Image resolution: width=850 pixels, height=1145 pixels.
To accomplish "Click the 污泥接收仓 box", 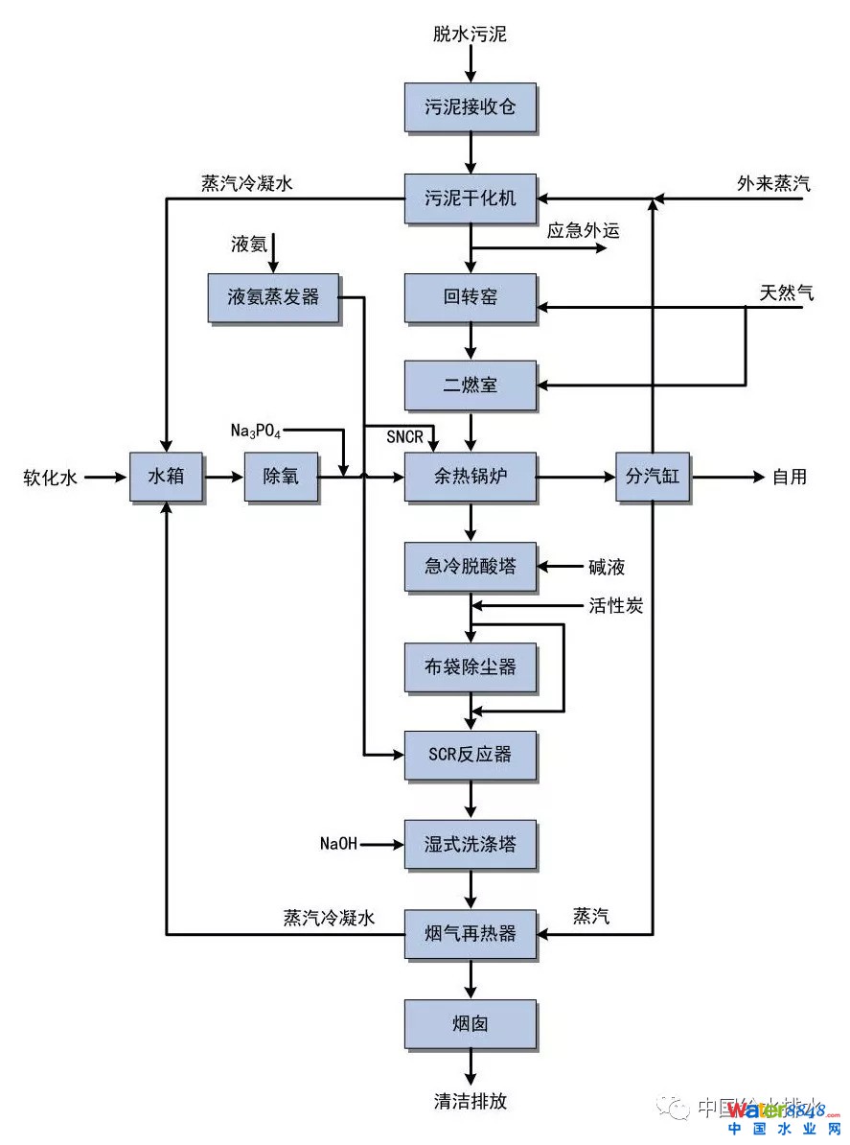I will point(470,106).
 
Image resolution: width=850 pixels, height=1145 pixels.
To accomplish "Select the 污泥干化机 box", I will point(470,199).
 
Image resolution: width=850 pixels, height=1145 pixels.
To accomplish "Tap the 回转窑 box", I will point(470,297).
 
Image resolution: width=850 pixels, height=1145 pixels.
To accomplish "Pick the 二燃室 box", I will point(470,386).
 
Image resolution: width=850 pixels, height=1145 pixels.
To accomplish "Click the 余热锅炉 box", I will point(470,476).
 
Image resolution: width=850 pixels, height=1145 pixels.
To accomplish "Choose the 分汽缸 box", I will point(653,476).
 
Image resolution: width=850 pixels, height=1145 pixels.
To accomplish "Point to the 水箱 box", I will point(167,476).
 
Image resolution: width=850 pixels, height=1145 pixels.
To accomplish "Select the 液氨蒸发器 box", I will point(273,297).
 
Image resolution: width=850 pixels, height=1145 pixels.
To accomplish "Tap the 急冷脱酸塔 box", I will point(470,567).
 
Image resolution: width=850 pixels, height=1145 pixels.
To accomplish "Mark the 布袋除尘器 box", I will point(470,666).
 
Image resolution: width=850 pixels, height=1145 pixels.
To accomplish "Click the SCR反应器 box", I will point(470,755).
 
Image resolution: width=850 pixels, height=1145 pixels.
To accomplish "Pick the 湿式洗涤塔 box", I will point(470,844).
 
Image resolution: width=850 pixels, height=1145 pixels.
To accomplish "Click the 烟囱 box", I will point(470,1023).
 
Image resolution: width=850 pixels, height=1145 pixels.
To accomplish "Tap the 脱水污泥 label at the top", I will point(470,35).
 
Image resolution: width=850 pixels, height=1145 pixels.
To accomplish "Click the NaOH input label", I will point(338,845).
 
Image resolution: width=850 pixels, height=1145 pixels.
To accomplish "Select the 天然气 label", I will point(787,292).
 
